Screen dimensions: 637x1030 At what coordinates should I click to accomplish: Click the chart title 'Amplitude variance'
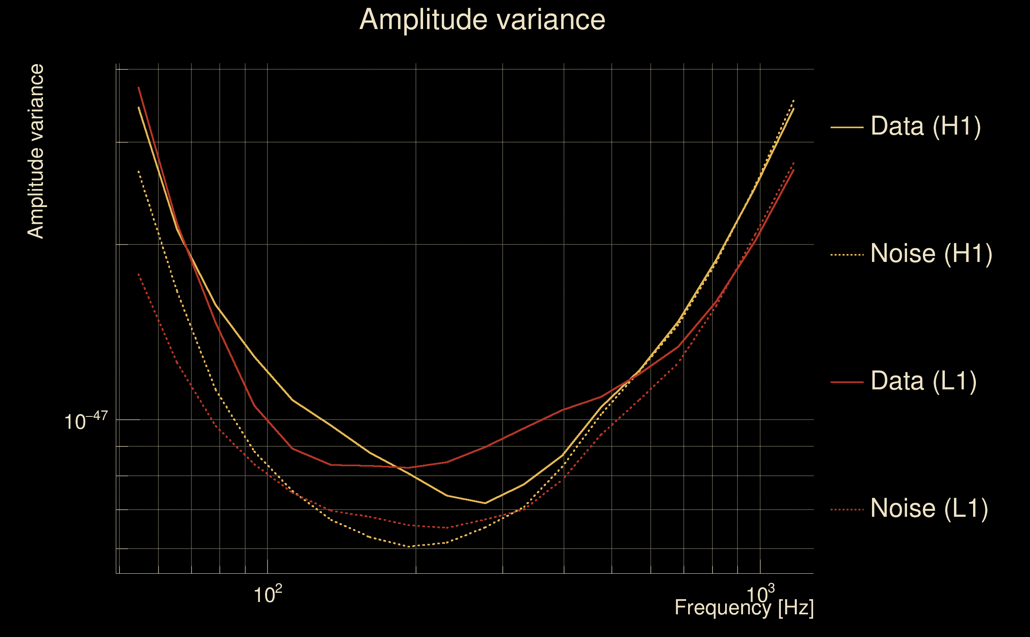point(482,20)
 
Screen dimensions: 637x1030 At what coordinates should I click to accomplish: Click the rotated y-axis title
point(35,152)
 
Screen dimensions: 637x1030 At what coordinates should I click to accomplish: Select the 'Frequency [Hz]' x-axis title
point(744,608)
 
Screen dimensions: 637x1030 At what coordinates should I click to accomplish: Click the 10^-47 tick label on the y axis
point(86,421)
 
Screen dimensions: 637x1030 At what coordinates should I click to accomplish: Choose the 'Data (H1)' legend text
point(926,126)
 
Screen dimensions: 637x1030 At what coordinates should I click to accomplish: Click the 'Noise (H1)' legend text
point(931,254)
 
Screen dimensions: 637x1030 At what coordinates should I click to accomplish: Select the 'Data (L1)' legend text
point(923,381)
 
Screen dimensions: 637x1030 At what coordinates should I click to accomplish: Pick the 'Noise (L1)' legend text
point(929,508)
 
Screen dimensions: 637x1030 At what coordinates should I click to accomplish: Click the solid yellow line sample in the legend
point(847,127)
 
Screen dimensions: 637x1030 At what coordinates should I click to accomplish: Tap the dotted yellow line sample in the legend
point(847,255)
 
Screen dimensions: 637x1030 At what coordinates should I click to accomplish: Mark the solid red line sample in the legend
point(847,382)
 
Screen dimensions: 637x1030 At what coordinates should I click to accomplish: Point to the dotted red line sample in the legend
point(847,510)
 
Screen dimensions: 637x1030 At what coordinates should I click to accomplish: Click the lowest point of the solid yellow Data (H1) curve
point(485,503)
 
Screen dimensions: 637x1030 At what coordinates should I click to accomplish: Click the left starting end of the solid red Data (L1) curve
point(139,88)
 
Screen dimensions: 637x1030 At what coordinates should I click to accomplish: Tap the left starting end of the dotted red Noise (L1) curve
point(139,274)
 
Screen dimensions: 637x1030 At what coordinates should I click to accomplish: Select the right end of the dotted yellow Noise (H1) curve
point(793,100)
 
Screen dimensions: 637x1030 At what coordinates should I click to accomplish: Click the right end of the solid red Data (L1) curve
point(793,170)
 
